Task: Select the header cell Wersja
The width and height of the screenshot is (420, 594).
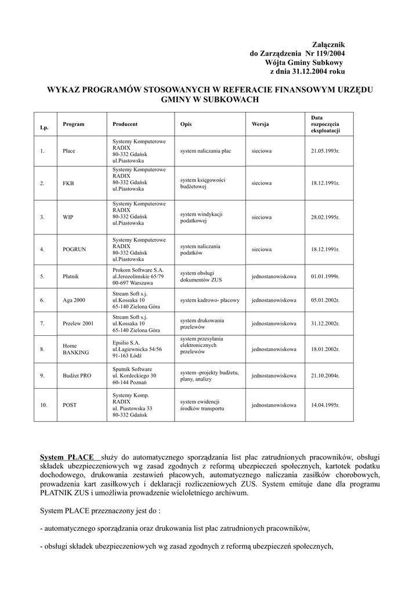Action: coord(260,125)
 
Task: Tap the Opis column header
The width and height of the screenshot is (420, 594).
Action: coord(186,125)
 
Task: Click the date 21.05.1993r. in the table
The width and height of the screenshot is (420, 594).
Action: coord(325,151)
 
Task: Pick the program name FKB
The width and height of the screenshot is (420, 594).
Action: coord(68,183)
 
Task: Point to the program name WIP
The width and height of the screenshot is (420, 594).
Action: coord(68,218)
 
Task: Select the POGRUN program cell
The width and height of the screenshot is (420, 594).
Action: coord(74,249)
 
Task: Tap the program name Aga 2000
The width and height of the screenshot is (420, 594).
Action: coord(74,300)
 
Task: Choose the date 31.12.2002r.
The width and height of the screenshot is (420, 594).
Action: coord(325,324)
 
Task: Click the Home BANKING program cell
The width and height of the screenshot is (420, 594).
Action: coord(75,349)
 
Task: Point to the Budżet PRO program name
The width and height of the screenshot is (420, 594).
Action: coord(77,376)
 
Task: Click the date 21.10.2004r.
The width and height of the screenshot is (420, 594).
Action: coord(325,376)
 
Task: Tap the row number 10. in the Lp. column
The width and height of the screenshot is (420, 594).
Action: coord(44,405)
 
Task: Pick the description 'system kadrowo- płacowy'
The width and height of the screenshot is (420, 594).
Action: coord(209,300)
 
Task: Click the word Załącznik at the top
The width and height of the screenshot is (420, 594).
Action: coord(328,45)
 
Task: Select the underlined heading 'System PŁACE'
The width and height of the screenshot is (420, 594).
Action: coord(67,458)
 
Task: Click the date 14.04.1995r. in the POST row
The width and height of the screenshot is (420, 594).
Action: coord(325,405)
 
